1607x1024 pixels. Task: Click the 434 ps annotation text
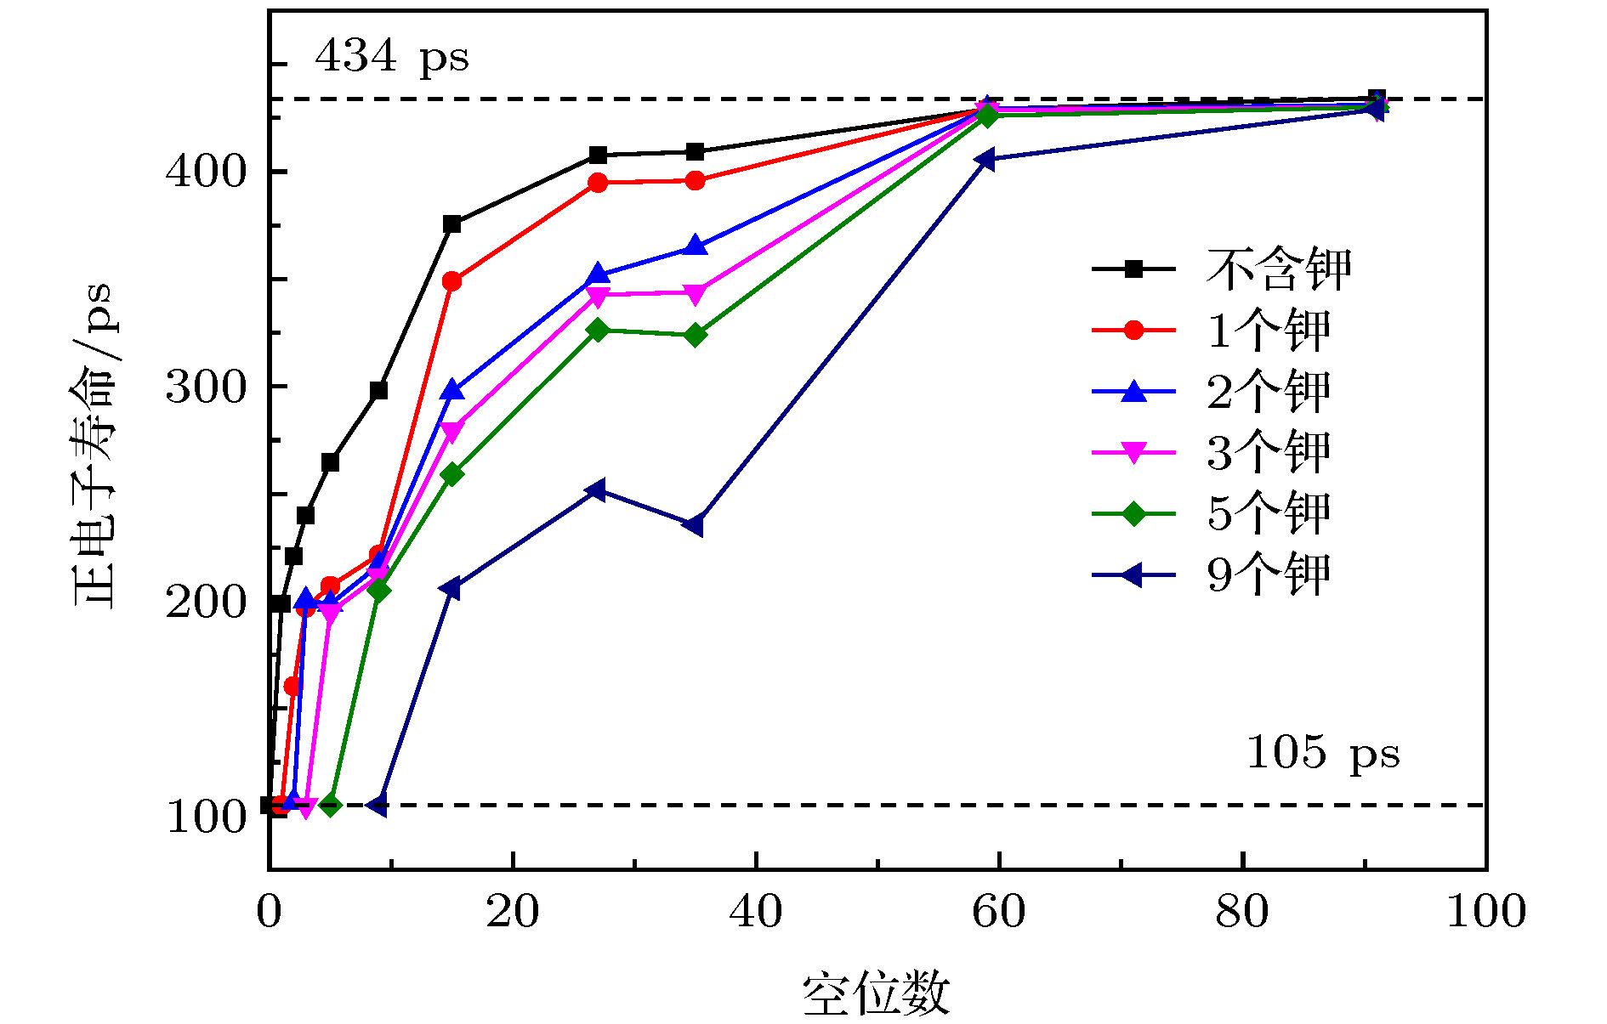(x=391, y=57)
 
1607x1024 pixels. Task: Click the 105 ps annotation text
(x=1322, y=753)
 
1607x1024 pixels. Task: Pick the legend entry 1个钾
(x=1268, y=330)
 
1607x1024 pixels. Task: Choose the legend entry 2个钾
(x=1268, y=391)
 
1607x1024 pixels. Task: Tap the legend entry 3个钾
(x=1268, y=452)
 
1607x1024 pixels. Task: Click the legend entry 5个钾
(x=1268, y=513)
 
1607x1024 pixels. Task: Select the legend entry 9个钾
(x=1268, y=574)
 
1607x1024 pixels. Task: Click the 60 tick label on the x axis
(x=998, y=912)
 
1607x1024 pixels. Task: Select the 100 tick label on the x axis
(x=1485, y=912)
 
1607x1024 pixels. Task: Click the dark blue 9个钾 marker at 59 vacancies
(x=985, y=159)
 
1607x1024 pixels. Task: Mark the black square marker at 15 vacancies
(x=452, y=224)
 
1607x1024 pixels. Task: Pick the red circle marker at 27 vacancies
(x=598, y=183)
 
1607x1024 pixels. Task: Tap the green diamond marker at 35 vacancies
(x=695, y=335)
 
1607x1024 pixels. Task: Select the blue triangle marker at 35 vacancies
(x=695, y=246)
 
